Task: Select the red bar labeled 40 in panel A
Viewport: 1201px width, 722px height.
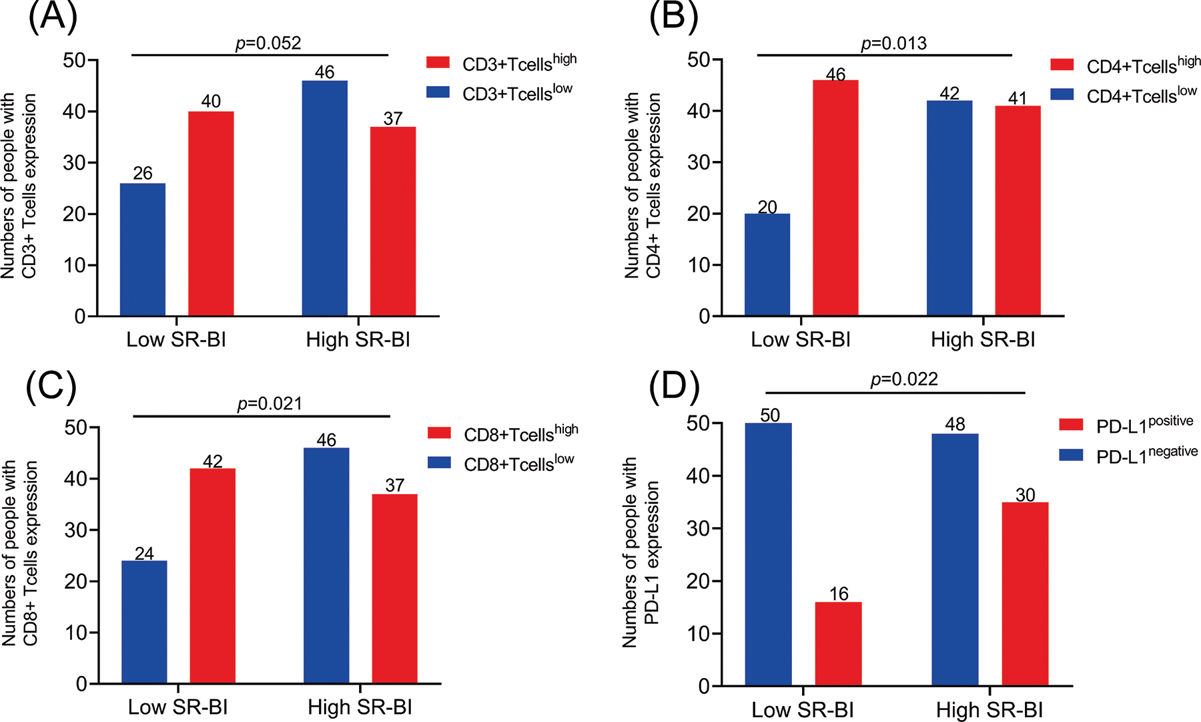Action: pos(211,214)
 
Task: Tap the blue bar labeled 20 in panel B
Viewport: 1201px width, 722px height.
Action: pos(767,264)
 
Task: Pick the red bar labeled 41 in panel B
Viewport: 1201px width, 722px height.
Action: pos(1018,210)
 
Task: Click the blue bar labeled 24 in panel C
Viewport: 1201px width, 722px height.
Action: pos(144,622)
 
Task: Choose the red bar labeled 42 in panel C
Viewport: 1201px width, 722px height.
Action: pos(213,576)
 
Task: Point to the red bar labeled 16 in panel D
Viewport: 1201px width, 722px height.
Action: pos(838,644)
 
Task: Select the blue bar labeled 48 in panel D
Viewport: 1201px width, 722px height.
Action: pos(955,560)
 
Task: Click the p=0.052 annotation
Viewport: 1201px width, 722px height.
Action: pos(268,43)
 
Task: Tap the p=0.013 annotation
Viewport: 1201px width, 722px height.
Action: pos(893,43)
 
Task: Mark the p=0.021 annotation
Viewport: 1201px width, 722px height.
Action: pos(270,404)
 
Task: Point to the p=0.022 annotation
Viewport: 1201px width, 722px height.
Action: pos(904,379)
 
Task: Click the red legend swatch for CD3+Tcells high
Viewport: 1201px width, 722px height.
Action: pos(438,63)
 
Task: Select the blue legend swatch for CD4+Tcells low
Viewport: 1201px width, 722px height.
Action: pos(1062,95)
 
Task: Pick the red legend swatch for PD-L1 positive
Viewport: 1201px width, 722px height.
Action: pos(1071,425)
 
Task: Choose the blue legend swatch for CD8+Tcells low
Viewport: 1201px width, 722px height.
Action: pos(440,463)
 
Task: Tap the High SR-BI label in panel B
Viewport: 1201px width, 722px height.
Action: pos(983,339)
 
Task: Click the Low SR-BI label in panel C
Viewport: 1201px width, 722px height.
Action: pos(177,707)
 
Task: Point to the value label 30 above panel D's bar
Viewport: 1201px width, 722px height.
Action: pos(1025,495)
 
